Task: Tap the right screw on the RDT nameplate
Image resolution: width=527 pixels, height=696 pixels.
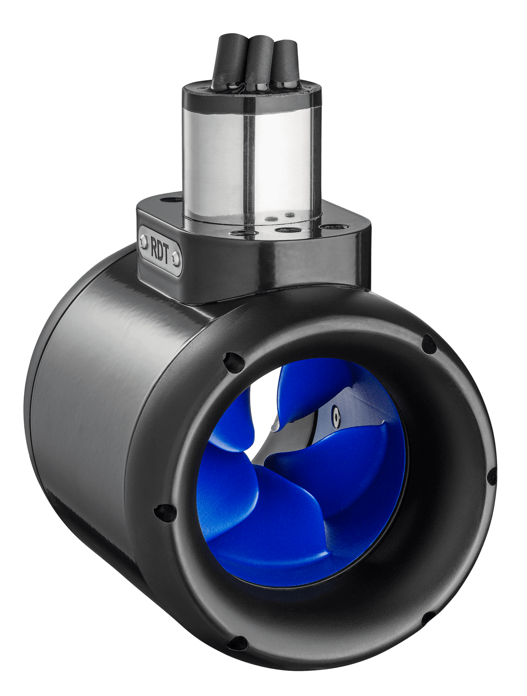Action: click(x=176, y=260)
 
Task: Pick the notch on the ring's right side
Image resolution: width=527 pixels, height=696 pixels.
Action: click(x=491, y=476)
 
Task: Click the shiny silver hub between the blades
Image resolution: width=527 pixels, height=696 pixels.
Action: click(x=304, y=431)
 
